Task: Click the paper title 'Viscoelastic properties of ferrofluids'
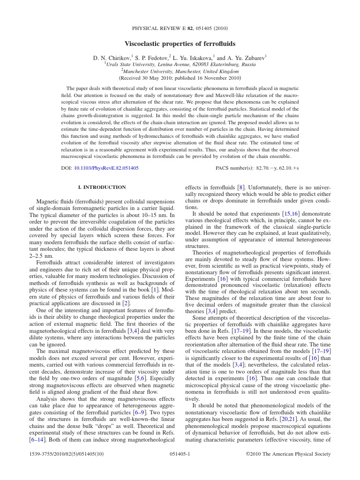[180, 44]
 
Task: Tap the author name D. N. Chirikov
[112, 58]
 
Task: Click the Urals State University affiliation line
[180, 65]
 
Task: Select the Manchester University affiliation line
[180, 71]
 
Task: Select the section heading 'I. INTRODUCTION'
[102, 187]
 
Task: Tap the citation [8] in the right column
[240, 187]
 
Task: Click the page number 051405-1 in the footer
[180, 454]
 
